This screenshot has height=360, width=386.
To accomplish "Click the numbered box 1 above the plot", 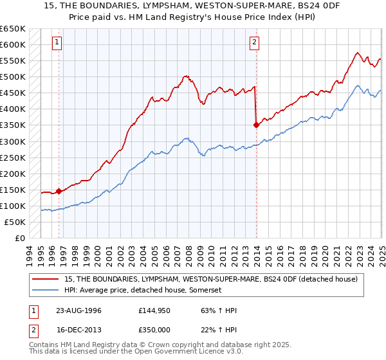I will tap(58, 43).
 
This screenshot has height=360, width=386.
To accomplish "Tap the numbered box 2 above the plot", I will tap(255, 43).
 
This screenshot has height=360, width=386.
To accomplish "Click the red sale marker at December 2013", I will tap(257, 125).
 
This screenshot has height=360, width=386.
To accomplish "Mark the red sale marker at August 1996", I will tap(59, 191).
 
